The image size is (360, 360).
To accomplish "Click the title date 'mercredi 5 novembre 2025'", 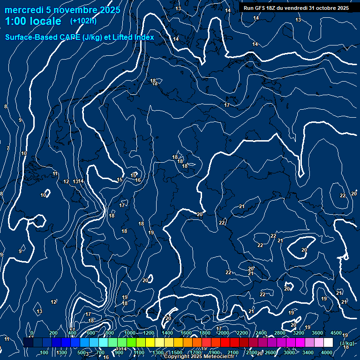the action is pos(62,10).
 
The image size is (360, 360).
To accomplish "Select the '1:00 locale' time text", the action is pos(33,21).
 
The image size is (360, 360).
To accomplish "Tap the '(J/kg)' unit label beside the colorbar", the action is pos(347,344).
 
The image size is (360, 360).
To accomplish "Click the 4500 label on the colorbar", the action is pos(336,333).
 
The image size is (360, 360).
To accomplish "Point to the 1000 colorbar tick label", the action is pos(130,333).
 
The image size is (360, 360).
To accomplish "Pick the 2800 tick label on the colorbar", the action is pos(280,333).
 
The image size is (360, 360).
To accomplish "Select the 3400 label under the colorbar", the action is pos(308,352).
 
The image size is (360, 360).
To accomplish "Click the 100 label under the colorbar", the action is pos(44,352).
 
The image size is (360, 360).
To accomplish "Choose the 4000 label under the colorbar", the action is pos(327,352).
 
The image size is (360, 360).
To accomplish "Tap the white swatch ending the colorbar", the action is pos(328,343).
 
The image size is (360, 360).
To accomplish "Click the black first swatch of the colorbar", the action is pos(28,343).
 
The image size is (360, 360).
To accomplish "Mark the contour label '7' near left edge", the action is pos(7,149).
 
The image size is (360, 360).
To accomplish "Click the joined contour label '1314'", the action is pos(79,181).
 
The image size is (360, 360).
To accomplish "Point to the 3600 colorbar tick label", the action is pos(317,333).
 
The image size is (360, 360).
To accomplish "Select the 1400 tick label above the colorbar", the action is pos(167,333).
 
